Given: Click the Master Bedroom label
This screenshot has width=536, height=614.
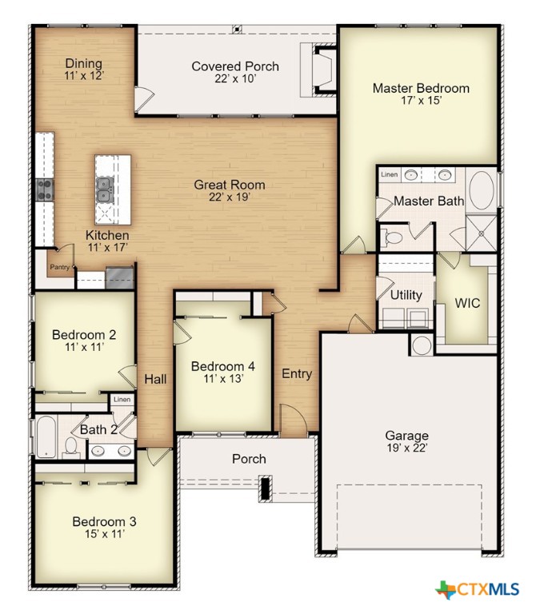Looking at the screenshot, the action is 421,88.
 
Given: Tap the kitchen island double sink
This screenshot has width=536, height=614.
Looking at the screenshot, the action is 105,190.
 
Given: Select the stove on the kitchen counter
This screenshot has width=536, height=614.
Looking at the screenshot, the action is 45,190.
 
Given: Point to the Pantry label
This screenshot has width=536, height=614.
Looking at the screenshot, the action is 59,267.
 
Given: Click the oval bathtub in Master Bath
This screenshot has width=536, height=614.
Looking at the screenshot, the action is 482,190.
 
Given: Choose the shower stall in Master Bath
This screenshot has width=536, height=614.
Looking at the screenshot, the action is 482,233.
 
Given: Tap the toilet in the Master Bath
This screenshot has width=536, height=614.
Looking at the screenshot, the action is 392,237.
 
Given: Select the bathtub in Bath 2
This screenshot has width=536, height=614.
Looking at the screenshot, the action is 46,437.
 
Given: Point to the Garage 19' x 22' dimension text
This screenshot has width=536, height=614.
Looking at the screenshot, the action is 407,448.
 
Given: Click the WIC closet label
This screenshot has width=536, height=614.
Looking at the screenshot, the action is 467,303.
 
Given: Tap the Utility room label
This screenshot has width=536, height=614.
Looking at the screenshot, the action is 406,295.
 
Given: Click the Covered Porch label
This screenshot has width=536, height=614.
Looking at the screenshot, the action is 235,66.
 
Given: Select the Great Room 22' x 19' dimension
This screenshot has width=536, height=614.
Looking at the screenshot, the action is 230,197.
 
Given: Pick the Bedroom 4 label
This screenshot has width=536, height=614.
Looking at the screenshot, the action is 223,366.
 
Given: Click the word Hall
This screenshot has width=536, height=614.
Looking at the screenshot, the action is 155,379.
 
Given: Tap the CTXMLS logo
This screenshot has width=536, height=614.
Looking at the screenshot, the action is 478,589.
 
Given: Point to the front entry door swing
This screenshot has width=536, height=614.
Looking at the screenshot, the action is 293,420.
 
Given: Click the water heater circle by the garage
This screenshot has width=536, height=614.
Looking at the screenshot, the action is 422,345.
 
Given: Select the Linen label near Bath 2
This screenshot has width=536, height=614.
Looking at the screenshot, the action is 122,400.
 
